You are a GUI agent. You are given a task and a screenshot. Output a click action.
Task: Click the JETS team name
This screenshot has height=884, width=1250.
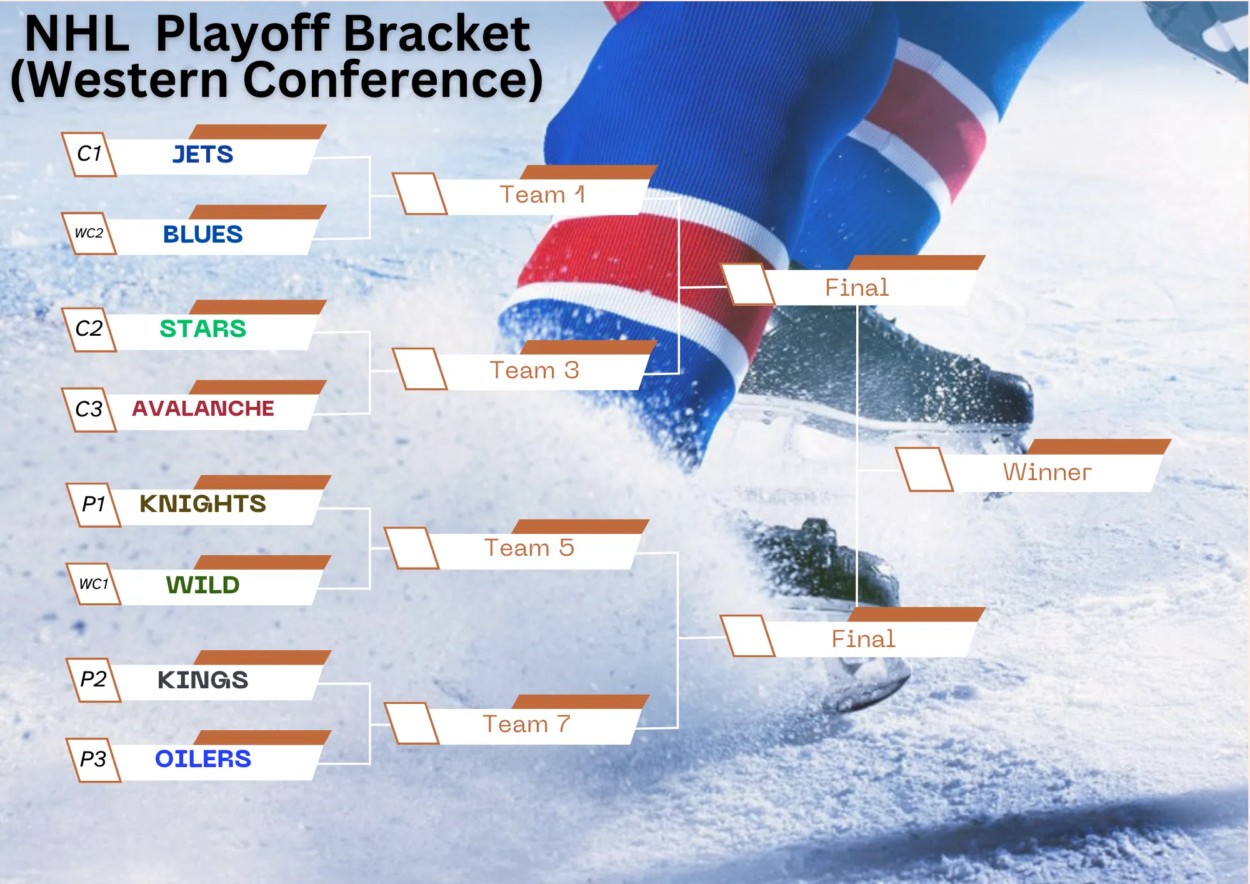point(202,154)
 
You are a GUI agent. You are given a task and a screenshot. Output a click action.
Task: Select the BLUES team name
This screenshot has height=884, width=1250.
point(202,234)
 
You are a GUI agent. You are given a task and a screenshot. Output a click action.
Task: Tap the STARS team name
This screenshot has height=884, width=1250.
point(202,329)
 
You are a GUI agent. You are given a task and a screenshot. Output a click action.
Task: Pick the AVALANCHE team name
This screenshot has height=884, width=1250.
point(202,408)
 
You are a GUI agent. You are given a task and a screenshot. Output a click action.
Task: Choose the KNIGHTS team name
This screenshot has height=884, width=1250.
point(202,504)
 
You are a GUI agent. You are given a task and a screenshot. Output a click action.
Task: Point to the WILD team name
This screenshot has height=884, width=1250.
point(202,585)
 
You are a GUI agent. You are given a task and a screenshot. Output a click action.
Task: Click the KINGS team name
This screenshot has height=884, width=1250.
point(202,680)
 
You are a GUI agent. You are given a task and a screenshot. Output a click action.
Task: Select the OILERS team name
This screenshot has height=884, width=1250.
point(202,759)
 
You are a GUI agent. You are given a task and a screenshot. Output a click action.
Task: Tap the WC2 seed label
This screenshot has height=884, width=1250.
point(89,233)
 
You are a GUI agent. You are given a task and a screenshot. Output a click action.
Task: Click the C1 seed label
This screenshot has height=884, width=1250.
point(89,153)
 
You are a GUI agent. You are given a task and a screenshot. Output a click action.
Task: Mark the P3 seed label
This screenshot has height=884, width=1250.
point(93,759)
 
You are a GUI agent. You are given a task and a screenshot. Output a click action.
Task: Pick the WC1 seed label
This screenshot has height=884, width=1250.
point(93,584)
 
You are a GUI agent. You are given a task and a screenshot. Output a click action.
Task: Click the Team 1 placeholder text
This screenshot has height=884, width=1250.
point(542,194)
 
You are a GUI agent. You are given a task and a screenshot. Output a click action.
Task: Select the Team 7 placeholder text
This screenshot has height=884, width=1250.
point(526,724)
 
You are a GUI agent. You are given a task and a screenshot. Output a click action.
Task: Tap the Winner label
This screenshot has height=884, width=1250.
point(1047,472)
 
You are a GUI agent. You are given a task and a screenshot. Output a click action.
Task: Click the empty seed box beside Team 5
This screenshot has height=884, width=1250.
point(411,548)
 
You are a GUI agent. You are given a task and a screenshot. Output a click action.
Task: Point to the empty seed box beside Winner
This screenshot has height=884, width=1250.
point(924,470)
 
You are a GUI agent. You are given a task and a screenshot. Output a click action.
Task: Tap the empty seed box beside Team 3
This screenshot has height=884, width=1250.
point(419,369)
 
